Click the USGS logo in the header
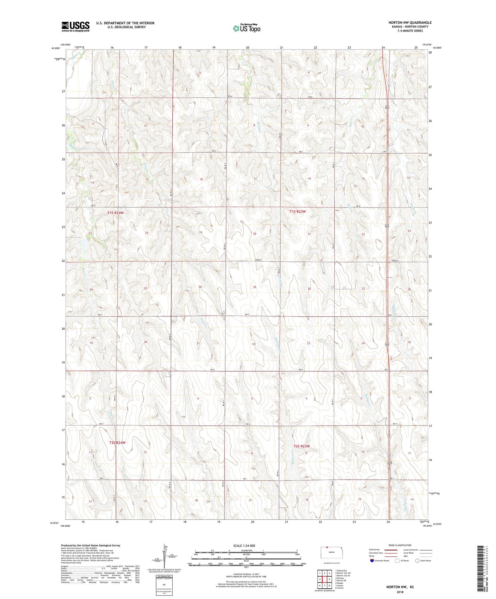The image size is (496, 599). click(75, 26)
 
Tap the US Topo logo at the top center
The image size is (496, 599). click(246, 28)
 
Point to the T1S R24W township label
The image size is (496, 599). click(115, 213)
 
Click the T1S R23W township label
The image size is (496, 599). click(297, 212)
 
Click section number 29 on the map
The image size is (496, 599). click(254, 287)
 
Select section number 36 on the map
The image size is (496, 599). click(146, 342)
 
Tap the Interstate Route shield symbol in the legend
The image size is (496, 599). click(373, 561)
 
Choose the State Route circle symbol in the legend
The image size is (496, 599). click(417, 561)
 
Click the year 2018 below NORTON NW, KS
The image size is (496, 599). click(400, 591)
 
